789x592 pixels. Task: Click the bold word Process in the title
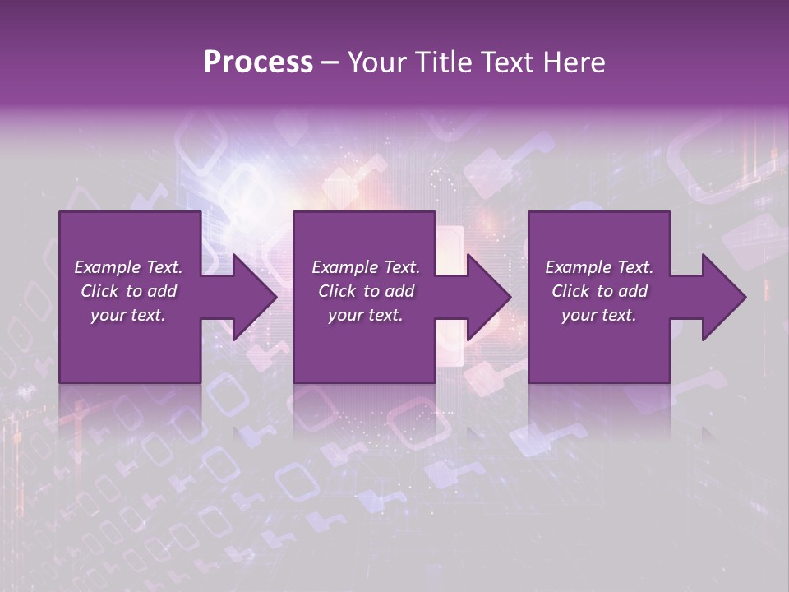(258, 62)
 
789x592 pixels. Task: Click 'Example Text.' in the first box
(128, 267)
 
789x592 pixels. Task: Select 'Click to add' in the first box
(128, 291)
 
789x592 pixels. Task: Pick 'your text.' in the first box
(128, 315)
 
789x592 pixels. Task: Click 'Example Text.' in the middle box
(365, 267)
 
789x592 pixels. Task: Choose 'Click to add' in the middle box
(365, 291)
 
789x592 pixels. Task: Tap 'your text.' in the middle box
(365, 315)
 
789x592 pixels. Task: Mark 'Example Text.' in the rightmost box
(599, 267)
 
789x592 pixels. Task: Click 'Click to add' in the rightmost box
(599, 291)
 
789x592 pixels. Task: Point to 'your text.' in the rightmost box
(599, 315)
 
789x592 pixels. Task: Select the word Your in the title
(374, 62)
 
